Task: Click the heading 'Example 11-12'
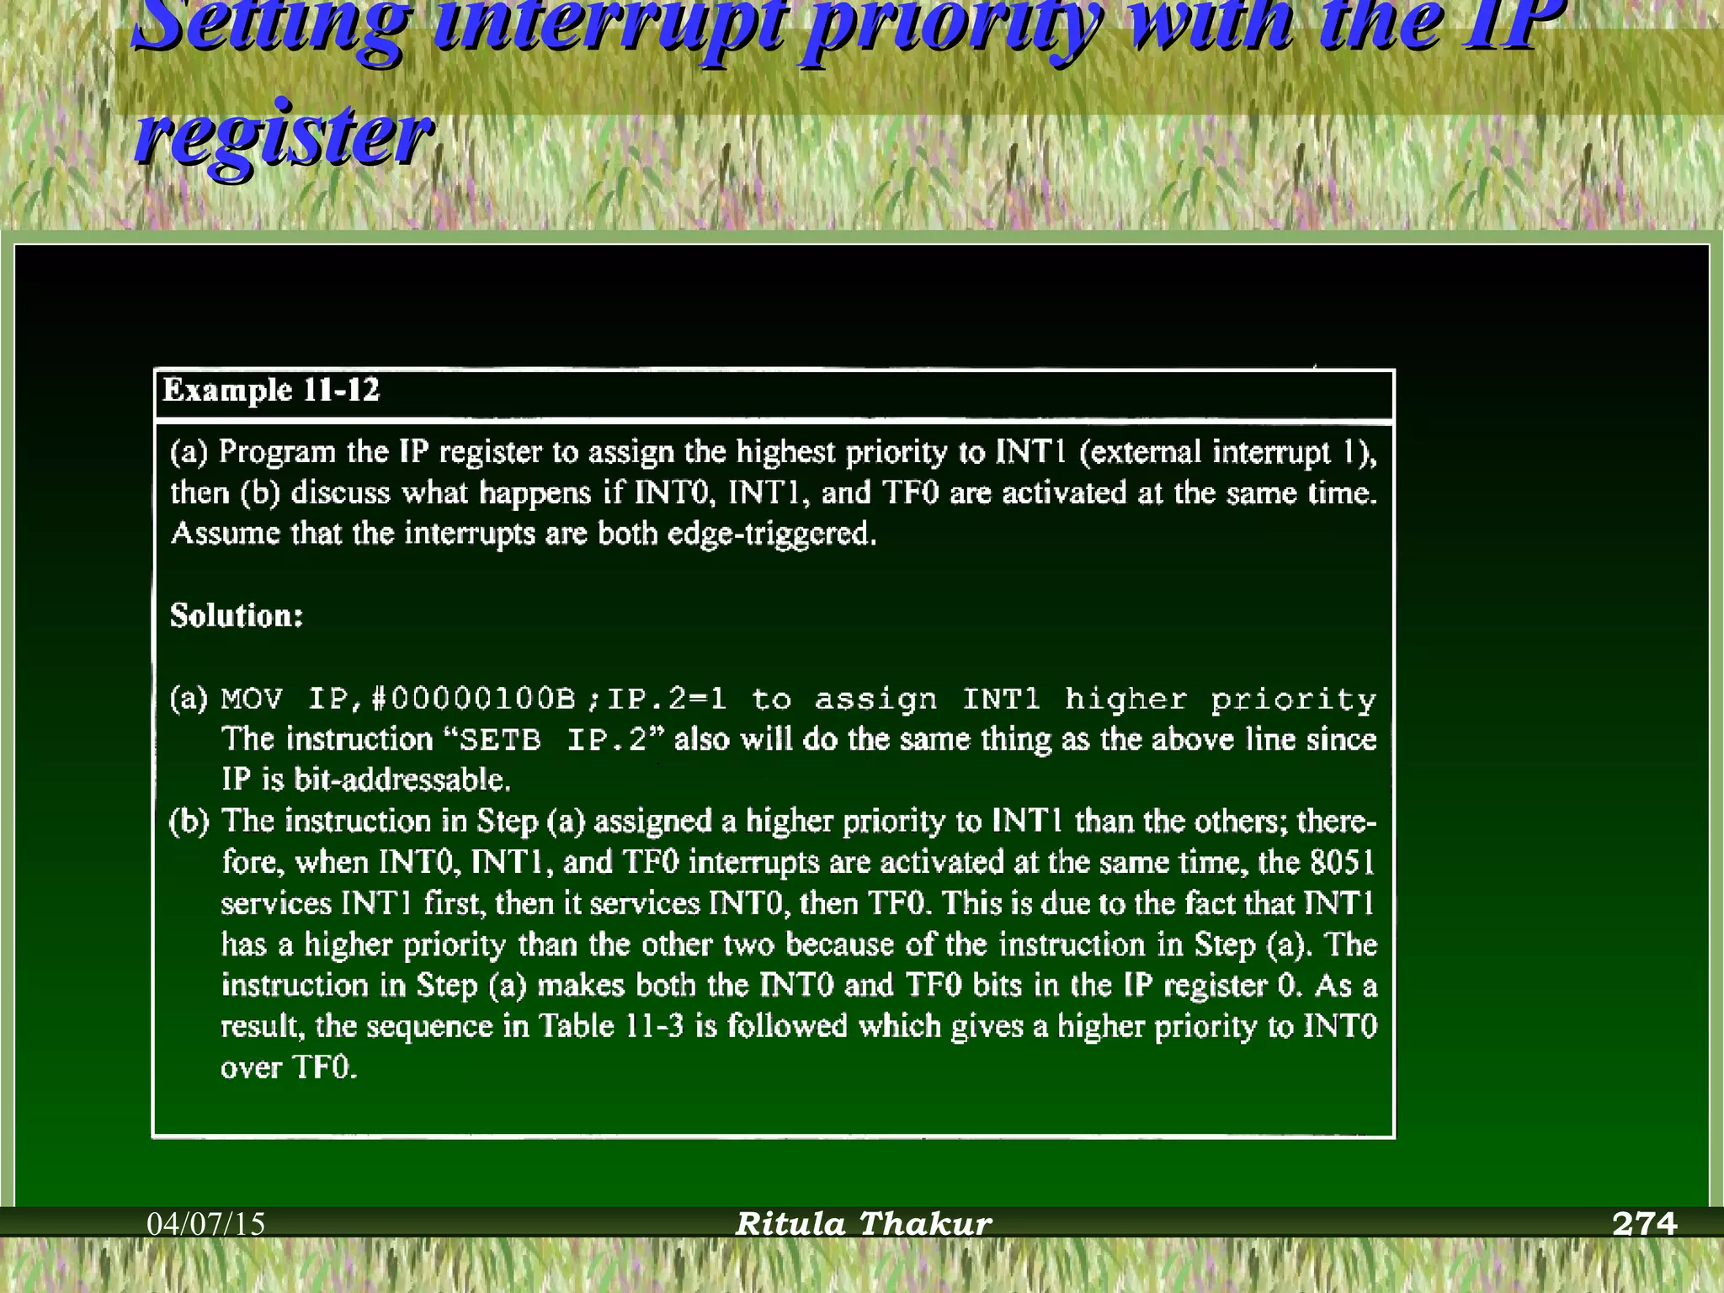click(x=271, y=391)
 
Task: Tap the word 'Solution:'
click(x=237, y=615)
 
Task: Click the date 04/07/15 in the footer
click(x=206, y=1223)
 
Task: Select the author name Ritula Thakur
click(x=864, y=1223)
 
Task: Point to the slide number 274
click(x=1644, y=1223)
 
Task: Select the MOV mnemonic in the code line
click(x=253, y=699)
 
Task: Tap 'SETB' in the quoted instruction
click(x=500, y=740)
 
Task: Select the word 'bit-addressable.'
click(x=402, y=780)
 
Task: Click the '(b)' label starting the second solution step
click(x=189, y=821)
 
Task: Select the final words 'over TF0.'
click(x=289, y=1067)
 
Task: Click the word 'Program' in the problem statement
click(x=277, y=452)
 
